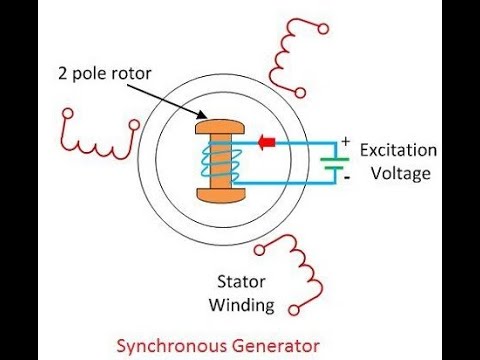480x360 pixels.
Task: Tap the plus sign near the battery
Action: (x=346, y=142)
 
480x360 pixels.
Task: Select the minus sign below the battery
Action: (x=346, y=177)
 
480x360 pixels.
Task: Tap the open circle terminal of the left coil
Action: (x=69, y=127)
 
